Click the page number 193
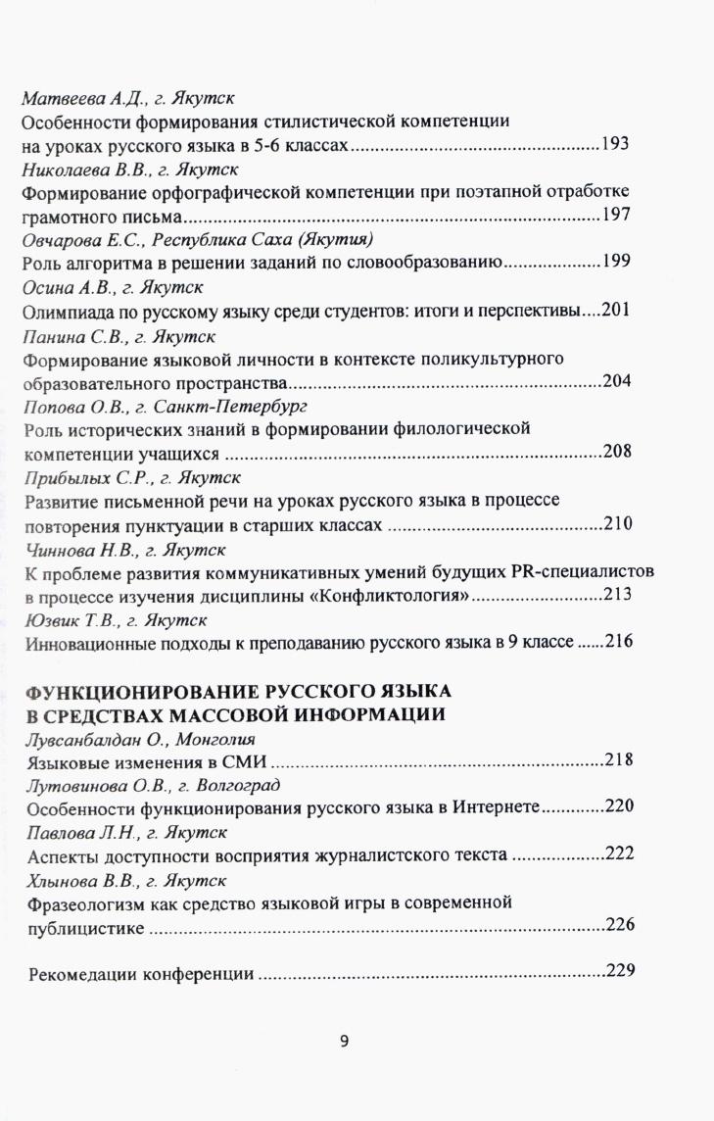click(x=616, y=145)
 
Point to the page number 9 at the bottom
click(x=344, y=1042)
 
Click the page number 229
click(x=622, y=972)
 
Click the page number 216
click(x=621, y=643)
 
